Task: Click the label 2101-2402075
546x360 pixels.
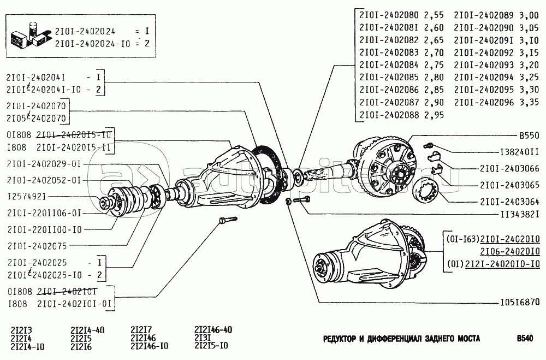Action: pyautogui.click(x=37, y=246)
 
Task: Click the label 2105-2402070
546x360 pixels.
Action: pyautogui.click(x=37, y=117)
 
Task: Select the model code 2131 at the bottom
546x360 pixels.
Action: pyautogui.click(x=203, y=338)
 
